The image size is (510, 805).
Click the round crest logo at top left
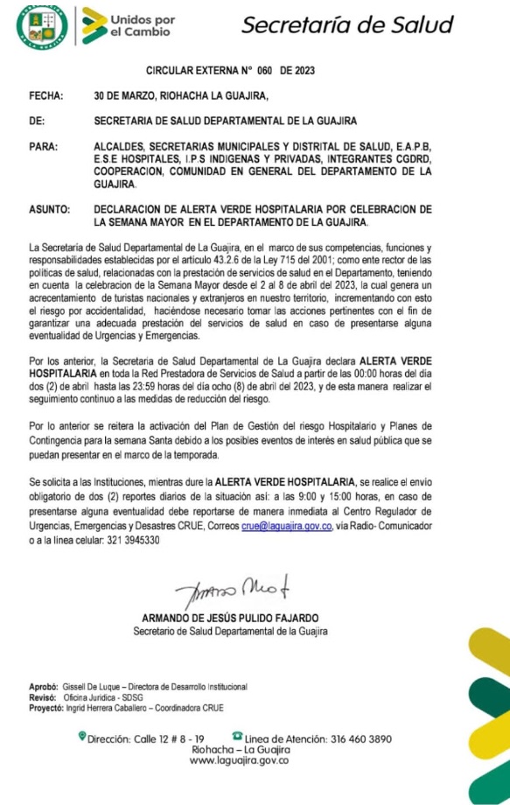click(42, 25)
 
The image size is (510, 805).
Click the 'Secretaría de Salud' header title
click(346, 24)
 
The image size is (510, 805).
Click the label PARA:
click(43, 146)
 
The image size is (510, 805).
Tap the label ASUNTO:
click(48, 210)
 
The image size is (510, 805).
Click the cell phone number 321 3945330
click(129, 540)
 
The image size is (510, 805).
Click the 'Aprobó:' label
click(43, 687)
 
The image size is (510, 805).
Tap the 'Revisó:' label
click(43, 697)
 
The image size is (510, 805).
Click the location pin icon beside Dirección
click(81, 738)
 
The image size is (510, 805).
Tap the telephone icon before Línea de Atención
click(237, 738)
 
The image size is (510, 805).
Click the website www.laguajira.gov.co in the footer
click(239, 761)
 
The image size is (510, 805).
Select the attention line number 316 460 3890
click(361, 738)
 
